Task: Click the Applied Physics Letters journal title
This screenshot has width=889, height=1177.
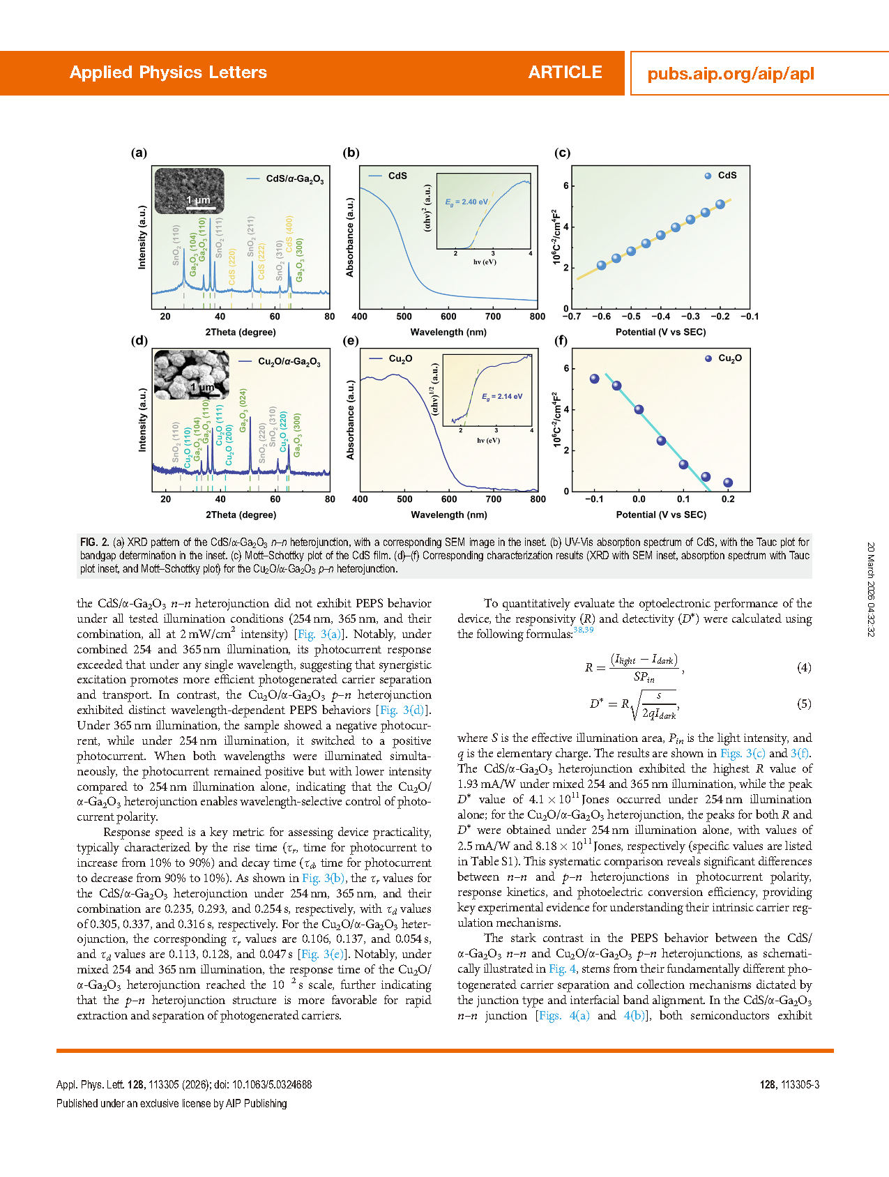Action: point(168,73)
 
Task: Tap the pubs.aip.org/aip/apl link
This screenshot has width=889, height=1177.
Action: point(730,74)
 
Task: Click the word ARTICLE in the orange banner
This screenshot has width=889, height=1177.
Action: point(565,73)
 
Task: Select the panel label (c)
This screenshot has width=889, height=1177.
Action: point(561,153)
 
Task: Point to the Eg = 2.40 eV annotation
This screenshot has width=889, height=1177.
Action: point(466,202)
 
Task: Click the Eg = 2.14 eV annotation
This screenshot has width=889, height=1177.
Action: point(502,397)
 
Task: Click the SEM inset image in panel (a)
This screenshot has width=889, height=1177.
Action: point(189,190)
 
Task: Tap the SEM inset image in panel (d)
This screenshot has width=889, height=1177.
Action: point(190,374)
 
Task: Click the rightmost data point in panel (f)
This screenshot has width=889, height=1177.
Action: point(728,483)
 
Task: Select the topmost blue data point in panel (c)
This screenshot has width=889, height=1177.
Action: point(720,204)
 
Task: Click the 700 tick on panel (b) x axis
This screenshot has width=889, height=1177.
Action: point(492,317)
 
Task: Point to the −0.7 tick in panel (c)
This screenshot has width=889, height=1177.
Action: point(571,317)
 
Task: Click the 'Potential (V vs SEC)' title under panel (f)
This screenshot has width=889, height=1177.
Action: point(660,515)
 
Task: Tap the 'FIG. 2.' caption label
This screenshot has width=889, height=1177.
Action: point(94,542)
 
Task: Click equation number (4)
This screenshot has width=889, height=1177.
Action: point(804,667)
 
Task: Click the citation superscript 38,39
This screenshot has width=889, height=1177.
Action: point(583,630)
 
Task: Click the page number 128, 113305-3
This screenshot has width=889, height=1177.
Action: point(789,1084)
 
